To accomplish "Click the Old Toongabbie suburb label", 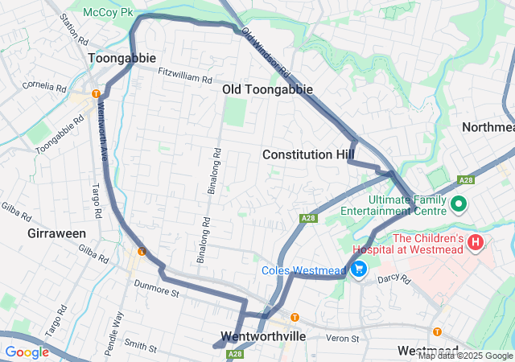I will (x=267, y=89).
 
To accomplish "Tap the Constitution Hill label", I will (x=309, y=154).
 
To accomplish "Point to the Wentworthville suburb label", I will (x=263, y=336).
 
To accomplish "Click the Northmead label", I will (x=488, y=127).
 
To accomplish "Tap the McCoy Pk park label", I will (x=112, y=13).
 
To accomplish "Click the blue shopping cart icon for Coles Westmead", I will (x=359, y=269).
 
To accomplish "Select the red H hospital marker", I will (x=476, y=241).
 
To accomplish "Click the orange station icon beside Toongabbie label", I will (x=96, y=93).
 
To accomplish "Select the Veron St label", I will (x=342, y=338).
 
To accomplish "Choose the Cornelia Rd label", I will (x=44, y=85).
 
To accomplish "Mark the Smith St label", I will (x=140, y=346).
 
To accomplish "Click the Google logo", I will (x=27, y=352).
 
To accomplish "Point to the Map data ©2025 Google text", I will (x=464, y=356).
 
